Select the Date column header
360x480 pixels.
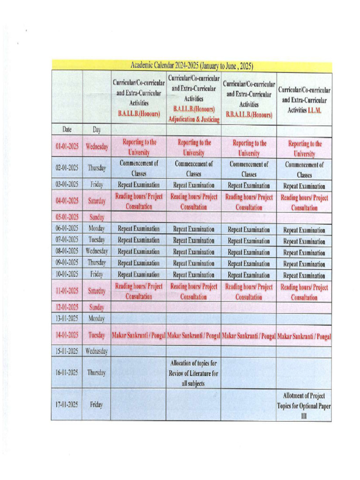point(66,129)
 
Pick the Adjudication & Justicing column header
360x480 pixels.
point(194,98)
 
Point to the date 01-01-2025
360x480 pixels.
point(67,147)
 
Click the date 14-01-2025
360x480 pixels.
point(67,335)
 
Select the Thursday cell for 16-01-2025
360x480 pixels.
point(96,373)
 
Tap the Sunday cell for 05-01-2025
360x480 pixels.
point(96,217)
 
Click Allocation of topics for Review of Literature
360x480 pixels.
point(194,373)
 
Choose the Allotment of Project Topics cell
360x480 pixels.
point(304,405)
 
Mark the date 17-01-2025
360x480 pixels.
point(67,405)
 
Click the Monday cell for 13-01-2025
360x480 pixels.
point(96,319)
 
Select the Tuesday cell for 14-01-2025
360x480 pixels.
point(96,335)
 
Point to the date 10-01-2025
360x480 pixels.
point(67,274)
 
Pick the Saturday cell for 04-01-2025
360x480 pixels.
point(96,201)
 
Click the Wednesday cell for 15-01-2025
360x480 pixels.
point(96,351)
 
